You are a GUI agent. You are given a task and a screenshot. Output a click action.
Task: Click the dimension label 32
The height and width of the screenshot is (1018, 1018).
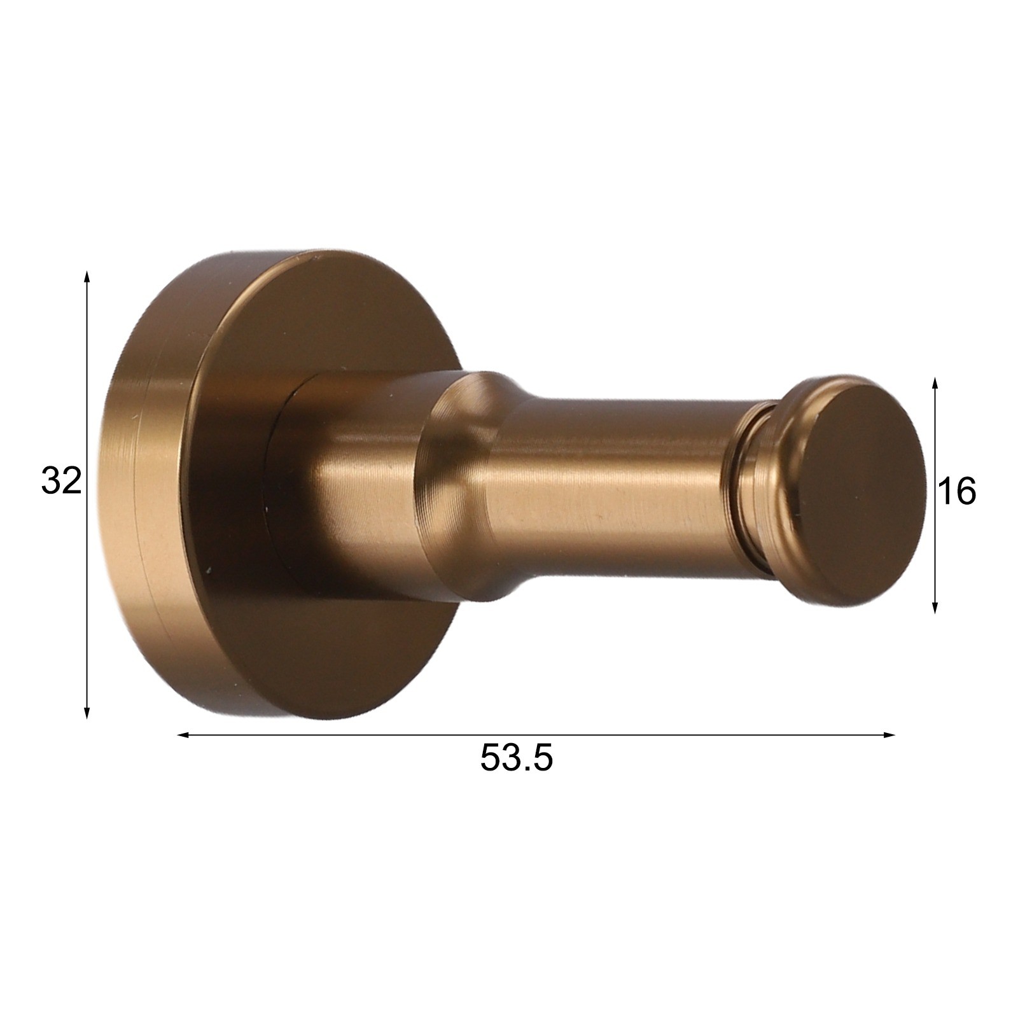point(62,480)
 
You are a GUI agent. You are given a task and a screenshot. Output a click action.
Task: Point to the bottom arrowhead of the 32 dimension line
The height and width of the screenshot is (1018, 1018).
point(87,712)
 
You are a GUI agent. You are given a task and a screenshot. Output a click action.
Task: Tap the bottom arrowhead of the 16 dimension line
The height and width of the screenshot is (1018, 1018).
point(935,606)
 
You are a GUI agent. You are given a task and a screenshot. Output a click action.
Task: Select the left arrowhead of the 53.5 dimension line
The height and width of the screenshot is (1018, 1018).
point(185,735)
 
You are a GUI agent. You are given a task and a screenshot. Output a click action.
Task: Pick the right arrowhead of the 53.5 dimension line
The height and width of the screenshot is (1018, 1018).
point(888,735)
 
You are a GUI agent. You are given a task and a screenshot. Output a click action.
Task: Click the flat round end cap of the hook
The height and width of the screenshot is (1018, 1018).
point(861,492)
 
